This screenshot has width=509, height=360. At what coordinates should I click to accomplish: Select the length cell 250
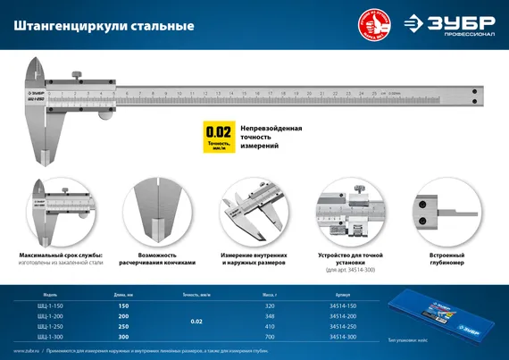point(122,326)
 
